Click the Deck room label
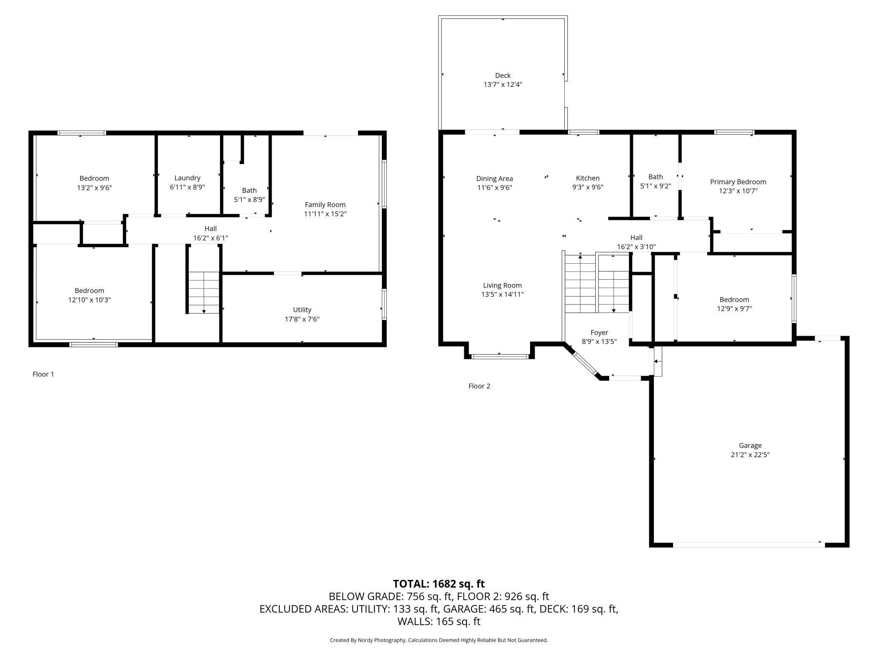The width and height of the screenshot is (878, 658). coord(503,76)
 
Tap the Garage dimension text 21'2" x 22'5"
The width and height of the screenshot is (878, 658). coord(750,455)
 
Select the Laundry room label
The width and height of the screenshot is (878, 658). coord(187,178)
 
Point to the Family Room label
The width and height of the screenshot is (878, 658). coord(325,205)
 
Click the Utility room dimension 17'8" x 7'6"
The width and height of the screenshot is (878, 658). coord(302,319)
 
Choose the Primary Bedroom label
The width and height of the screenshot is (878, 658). coord(738,182)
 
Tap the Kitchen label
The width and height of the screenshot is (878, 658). coord(588,178)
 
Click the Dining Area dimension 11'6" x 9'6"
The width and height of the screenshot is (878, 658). coord(494,187)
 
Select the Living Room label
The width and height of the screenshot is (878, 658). coord(502,286)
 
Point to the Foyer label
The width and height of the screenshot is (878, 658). coord(599,333)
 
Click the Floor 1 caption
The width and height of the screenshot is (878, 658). coord(43,374)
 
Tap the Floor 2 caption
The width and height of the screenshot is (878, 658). coord(479,386)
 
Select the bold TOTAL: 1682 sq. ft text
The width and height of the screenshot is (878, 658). coord(439,584)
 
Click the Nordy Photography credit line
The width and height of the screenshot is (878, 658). coord(439,640)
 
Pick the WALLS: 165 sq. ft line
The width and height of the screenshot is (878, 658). coord(439,621)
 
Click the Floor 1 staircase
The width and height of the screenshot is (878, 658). coord(204,292)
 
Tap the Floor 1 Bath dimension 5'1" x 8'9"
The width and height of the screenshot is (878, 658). coord(249,200)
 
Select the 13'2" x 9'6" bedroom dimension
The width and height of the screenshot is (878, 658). coord(94,188)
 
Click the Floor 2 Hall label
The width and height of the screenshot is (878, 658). coord(636,237)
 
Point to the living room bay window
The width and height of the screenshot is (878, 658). coord(499,356)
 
